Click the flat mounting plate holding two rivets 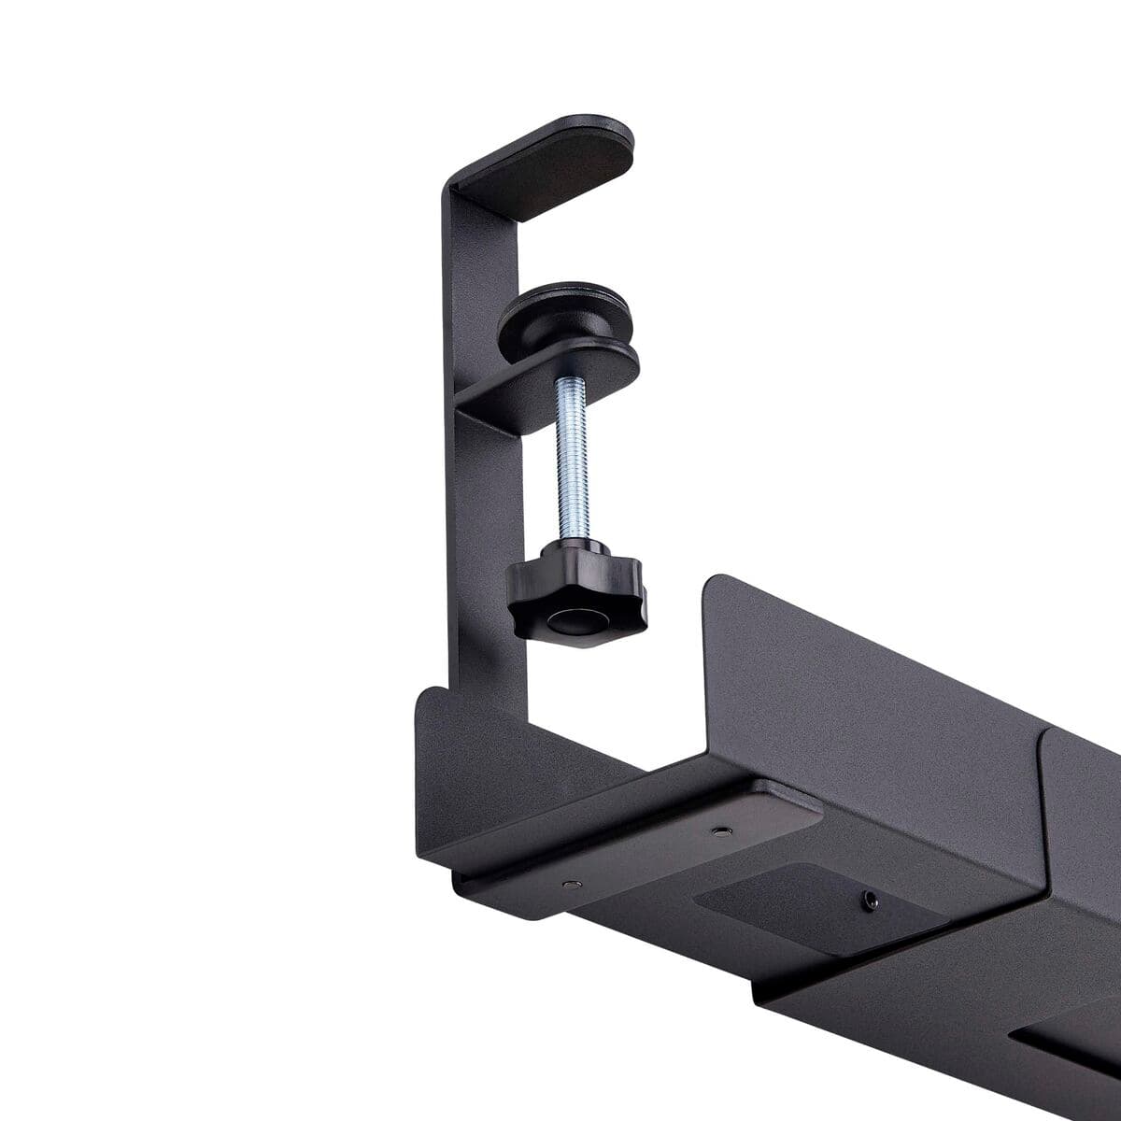(x=645, y=845)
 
